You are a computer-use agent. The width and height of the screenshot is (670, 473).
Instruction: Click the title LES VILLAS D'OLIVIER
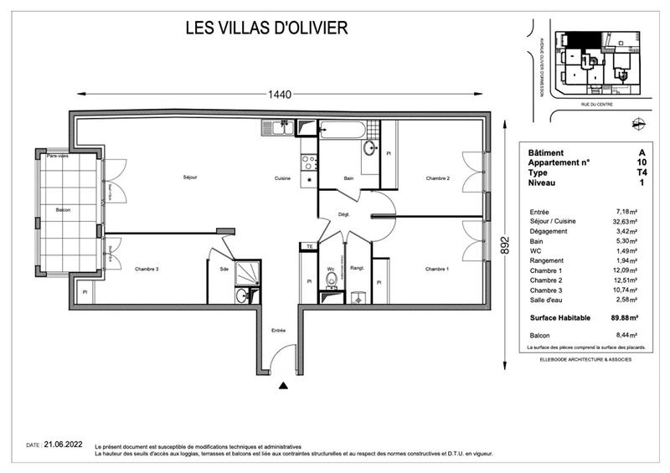(265, 28)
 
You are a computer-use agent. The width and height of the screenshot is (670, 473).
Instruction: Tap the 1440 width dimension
(281, 95)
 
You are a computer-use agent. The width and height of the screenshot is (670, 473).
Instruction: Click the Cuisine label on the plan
(282, 178)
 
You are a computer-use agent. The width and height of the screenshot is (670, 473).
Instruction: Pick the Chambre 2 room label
(437, 178)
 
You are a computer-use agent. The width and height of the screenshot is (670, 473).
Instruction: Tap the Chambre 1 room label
(436, 269)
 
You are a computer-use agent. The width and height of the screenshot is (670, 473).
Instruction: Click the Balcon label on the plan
(64, 210)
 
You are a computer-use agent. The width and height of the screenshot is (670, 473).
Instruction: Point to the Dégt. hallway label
(343, 215)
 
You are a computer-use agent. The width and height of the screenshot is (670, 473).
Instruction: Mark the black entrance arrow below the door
(283, 386)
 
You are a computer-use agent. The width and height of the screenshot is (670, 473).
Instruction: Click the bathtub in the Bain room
(343, 130)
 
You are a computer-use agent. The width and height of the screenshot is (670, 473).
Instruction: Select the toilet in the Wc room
(332, 279)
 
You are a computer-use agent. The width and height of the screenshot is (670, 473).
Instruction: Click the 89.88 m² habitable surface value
(623, 318)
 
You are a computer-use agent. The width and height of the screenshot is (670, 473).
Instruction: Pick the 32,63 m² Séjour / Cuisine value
(625, 223)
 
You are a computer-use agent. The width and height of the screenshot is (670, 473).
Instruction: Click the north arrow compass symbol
(641, 123)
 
